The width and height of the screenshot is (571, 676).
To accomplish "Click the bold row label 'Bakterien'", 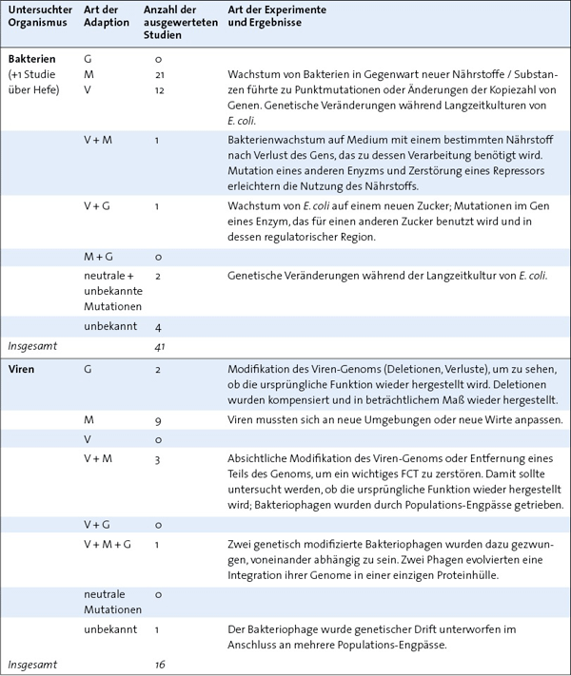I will [x=31, y=59].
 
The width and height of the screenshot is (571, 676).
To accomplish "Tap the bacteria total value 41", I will [x=159, y=347].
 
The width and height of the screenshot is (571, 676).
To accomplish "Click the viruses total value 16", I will [x=159, y=665].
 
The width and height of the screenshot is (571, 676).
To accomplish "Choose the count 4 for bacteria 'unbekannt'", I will [x=157, y=327].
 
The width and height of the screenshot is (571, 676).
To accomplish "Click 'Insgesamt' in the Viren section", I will [x=33, y=665].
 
